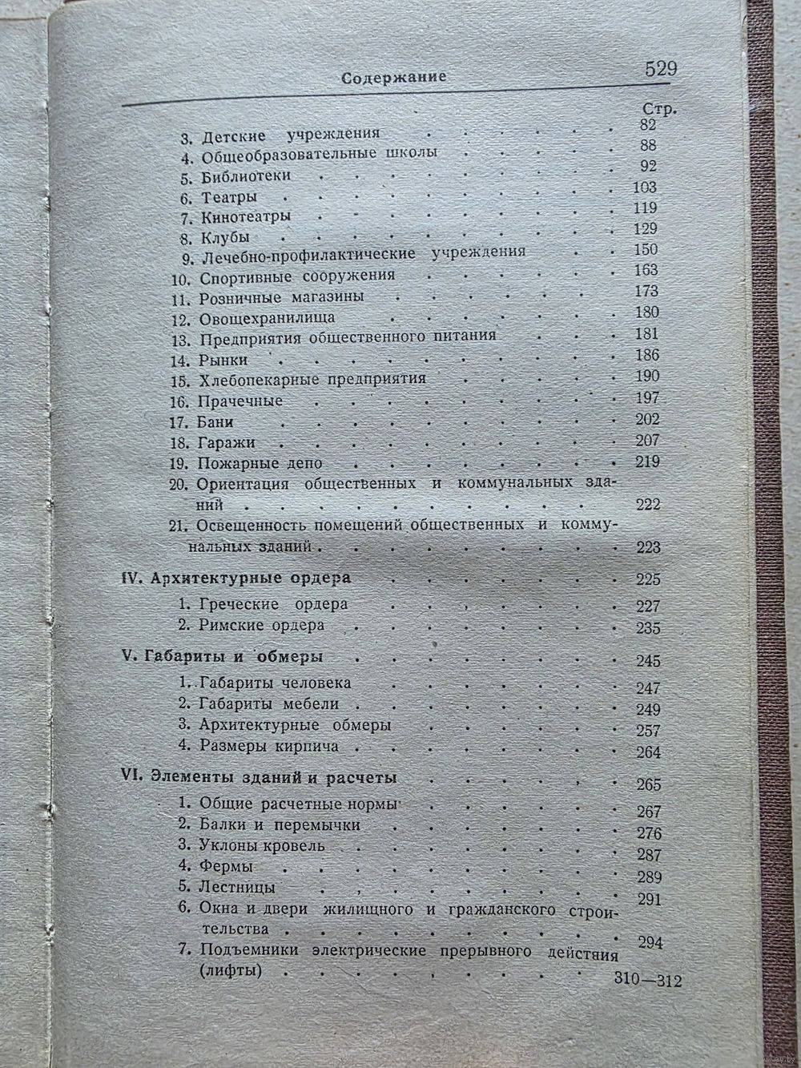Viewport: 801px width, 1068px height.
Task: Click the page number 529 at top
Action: (x=661, y=69)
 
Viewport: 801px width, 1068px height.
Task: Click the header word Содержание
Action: (x=393, y=78)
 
